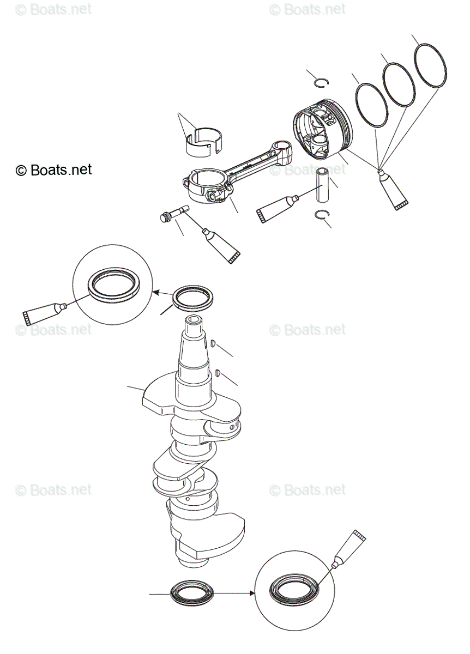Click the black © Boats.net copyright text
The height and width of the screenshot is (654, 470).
pos(54,170)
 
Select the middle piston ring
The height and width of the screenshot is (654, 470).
pos(398,85)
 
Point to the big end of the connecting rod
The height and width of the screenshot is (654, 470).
pos(206,186)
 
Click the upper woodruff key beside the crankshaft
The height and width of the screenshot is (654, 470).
pos(214,344)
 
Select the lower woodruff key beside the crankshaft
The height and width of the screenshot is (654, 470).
pos(218,373)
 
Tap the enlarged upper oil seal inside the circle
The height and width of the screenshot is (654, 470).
pos(116,285)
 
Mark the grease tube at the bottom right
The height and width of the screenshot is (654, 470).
pos(346,550)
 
